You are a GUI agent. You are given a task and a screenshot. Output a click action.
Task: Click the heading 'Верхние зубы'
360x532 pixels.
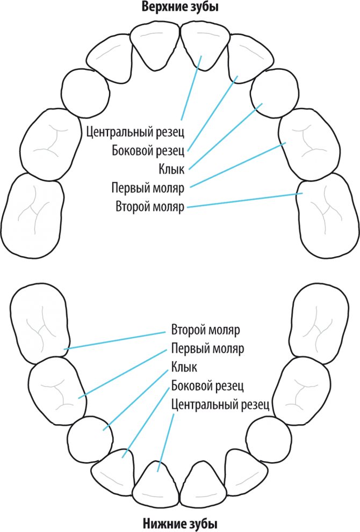[181, 8]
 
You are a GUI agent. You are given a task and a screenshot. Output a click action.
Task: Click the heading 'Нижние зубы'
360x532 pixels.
[181, 523]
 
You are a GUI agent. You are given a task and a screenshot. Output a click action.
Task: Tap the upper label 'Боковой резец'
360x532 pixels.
[148, 150]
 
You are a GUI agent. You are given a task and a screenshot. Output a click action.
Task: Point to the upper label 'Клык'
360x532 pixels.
[171, 170]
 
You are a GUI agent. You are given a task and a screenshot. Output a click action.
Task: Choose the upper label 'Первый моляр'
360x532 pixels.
[148, 188]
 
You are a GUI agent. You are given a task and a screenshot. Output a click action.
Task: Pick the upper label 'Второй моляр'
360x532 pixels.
[150, 207]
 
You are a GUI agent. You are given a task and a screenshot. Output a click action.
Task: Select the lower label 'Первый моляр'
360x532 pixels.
[207, 348]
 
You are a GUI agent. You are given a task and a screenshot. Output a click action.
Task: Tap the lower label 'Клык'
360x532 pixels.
[184, 368]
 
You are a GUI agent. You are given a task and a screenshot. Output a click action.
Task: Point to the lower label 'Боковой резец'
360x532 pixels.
[208, 386]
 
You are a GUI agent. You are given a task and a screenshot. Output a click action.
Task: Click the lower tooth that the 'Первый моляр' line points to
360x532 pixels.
[56, 389]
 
